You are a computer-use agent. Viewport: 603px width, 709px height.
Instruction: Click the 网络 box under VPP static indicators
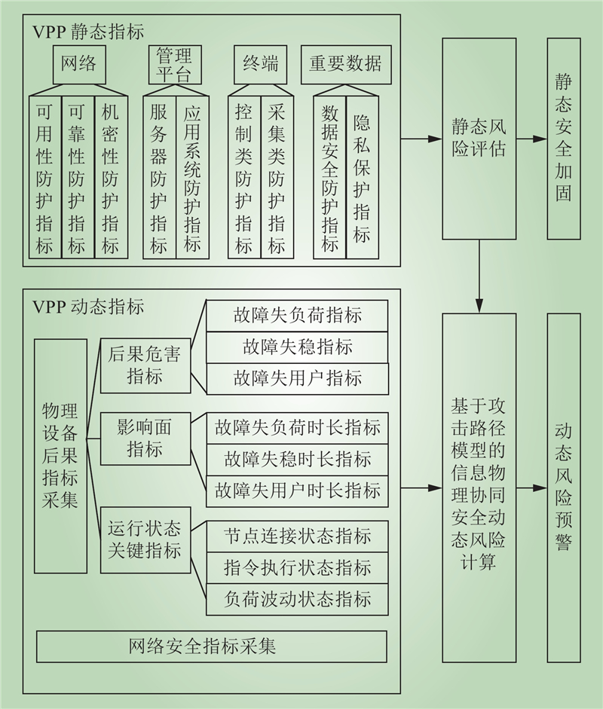click(x=79, y=65)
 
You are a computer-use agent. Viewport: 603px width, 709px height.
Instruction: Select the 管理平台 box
click(x=175, y=65)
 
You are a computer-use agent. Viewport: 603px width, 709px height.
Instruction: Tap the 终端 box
click(x=260, y=65)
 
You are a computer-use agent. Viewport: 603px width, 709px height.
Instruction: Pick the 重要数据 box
click(x=346, y=65)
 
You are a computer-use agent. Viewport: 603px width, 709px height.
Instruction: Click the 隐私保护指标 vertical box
click(x=363, y=177)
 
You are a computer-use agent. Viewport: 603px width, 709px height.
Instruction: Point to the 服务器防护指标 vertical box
click(x=159, y=177)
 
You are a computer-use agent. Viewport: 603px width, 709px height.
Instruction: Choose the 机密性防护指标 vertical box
click(x=112, y=177)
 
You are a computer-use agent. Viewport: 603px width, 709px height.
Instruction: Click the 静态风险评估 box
click(x=479, y=139)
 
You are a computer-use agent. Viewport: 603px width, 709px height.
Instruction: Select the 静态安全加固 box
click(x=564, y=139)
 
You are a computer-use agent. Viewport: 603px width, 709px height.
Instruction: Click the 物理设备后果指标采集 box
click(x=60, y=457)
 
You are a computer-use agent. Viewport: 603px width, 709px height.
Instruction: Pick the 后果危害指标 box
click(x=145, y=365)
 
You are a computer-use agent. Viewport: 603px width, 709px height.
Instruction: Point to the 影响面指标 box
click(x=145, y=439)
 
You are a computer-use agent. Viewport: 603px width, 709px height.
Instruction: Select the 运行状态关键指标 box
click(x=145, y=540)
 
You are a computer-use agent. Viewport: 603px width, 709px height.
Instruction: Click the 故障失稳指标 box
click(x=297, y=347)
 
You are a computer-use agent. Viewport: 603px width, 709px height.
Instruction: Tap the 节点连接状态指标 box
click(x=297, y=536)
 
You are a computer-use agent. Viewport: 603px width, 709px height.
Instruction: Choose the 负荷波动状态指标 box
click(x=297, y=600)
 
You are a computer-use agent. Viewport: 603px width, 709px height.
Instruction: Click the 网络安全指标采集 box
click(x=212, y=646)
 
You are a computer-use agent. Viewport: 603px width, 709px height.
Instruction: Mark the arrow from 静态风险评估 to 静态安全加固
click(x=532, y=139)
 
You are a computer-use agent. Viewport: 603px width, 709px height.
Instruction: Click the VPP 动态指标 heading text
click(x=88, y=307)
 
